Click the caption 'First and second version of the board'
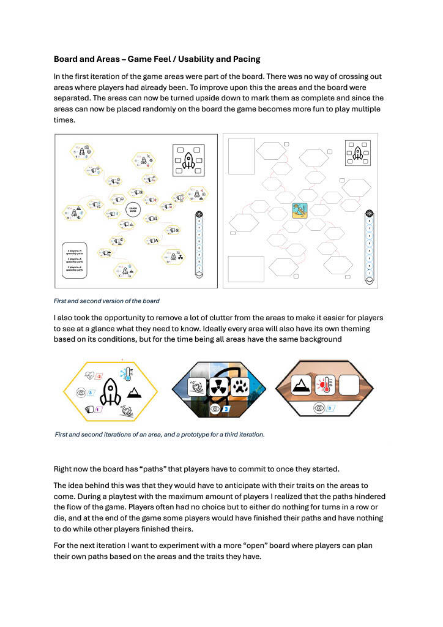point(107,301)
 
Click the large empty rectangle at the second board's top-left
point(240,157)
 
